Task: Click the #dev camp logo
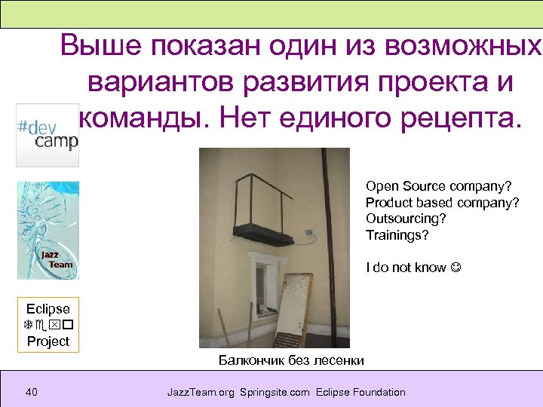point(47,135)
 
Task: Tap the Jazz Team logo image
point(48,231)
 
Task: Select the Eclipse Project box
point(48,325)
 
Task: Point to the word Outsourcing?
point(406,219)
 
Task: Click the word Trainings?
point(397,235)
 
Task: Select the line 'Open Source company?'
point(438,185)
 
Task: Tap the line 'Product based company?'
point(442,202)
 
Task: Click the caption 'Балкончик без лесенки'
point(291,360)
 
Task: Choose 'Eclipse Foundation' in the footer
point(361,392)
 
